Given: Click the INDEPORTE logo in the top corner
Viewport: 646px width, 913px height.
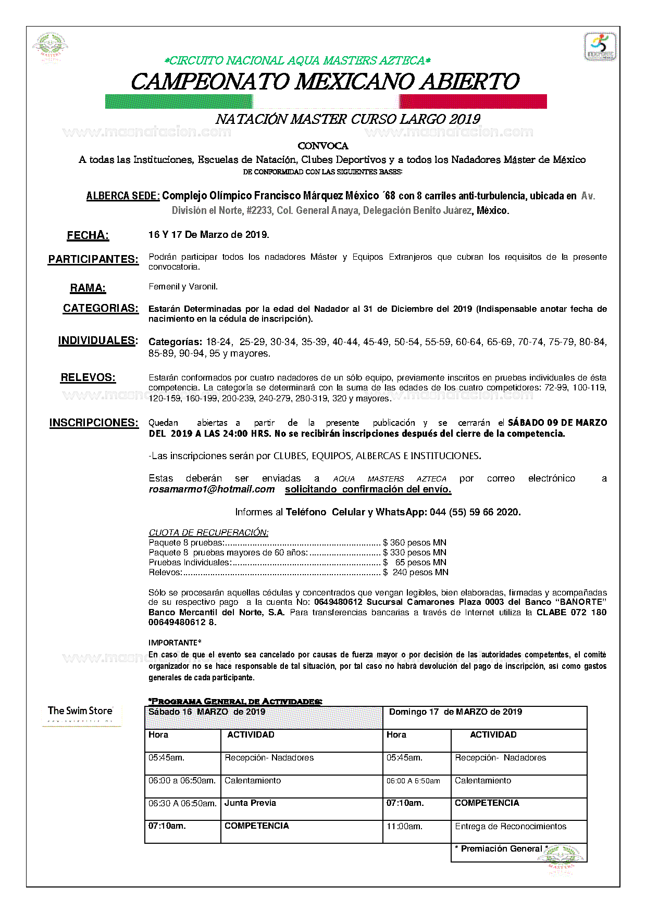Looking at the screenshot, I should click(600, 47).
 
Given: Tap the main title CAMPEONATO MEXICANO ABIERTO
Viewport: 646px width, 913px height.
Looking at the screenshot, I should click(325, 82).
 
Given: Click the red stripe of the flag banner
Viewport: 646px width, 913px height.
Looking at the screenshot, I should click(473, 102).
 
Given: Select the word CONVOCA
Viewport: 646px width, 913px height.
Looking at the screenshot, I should click(323, 146).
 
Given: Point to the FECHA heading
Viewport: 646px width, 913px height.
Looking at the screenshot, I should click(88, 236).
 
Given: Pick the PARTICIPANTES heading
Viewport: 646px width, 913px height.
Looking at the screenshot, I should click(93, 259).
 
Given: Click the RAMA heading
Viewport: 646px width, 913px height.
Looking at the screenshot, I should click(88, 288).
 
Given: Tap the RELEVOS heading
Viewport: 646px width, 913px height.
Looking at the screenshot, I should click(88, 378).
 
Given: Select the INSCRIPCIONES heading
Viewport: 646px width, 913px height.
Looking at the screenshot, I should click(94, 423).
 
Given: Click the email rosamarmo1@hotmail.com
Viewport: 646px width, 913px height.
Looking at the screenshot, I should click(212, 489).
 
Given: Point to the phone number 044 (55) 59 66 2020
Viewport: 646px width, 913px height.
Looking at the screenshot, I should click(475, 512).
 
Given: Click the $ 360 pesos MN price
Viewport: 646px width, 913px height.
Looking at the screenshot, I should click(415, 542).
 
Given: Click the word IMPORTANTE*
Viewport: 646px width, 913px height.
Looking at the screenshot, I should click(175, 643).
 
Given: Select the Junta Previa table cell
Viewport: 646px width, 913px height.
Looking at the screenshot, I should click(250, 803).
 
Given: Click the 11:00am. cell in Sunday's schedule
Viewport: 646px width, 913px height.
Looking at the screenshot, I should click(404, 827).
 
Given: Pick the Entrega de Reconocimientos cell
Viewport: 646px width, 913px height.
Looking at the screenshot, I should click(510, 827).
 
